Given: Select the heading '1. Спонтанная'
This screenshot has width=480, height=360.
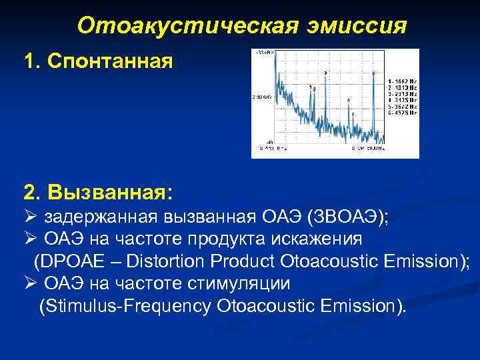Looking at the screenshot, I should click(97, 62).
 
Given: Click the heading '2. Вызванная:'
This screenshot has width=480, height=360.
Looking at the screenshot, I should click(97, 193).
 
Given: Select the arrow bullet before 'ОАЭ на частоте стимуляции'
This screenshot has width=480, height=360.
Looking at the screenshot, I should click(29, 283).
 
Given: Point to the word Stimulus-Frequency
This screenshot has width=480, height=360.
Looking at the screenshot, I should click(127, 306).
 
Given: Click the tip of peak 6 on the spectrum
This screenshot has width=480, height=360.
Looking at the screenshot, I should click(373, 75).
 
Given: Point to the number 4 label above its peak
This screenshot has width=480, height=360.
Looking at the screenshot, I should click(348, 100).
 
